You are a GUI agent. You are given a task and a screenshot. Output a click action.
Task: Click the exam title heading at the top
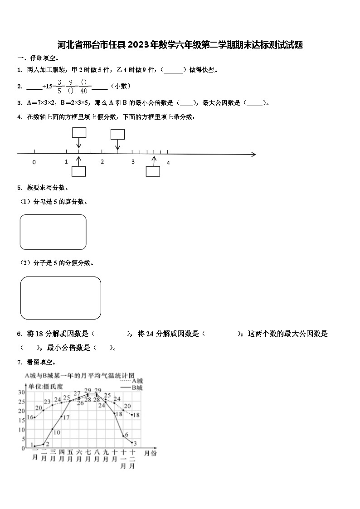coord(180,45)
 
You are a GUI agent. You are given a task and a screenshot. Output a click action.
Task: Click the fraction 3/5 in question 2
coord(59,86)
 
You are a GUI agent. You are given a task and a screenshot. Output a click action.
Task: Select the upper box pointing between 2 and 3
coord(117,135)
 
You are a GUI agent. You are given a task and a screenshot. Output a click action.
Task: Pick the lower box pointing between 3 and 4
coord(153,171)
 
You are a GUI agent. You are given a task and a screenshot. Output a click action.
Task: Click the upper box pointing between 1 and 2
coord(79,132)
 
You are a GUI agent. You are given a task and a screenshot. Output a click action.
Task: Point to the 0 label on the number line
coord(34,162)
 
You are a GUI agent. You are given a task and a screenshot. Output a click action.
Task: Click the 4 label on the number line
coord(168,163)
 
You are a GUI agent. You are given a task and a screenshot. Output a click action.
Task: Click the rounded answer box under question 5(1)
coord(53,232)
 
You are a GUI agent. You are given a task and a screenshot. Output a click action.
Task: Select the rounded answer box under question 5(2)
coord(61,298)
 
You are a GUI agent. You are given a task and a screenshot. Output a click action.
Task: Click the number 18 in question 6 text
coord(39,334)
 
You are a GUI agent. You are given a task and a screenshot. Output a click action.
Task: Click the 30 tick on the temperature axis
coord(21,392)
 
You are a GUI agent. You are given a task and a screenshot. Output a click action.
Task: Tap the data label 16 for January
coord(30,417)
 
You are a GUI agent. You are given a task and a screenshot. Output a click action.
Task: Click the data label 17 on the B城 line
coord(66,417)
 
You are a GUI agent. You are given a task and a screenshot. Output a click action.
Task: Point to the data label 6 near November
coord(126,435)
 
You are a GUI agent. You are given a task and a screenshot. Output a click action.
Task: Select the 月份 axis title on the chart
coord(150,453)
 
